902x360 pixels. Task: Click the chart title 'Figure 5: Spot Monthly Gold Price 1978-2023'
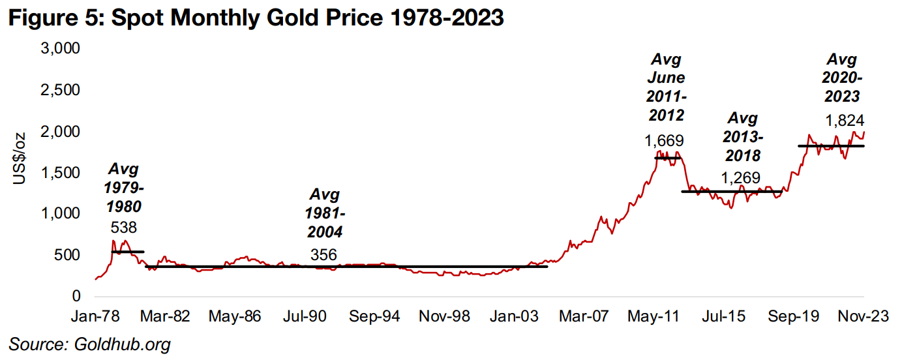255,18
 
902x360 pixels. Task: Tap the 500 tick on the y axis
68,255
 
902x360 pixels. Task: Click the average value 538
124,228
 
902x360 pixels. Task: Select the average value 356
324,255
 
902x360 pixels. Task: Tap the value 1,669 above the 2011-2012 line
665,140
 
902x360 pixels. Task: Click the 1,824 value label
845,121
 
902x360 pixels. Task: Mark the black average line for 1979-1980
127,251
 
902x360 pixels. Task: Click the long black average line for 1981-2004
346,266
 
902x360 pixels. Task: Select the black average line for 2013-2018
730,191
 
